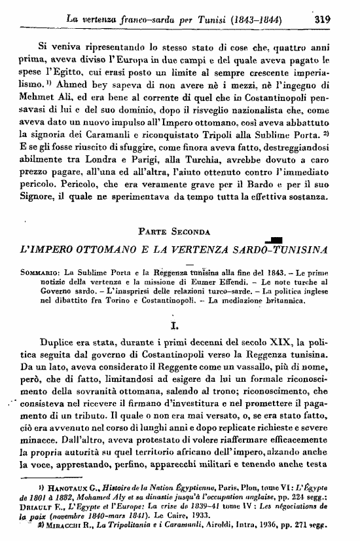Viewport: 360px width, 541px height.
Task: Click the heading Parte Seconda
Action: coord(179,230)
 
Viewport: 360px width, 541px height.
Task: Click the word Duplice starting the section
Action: coord(59,341)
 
